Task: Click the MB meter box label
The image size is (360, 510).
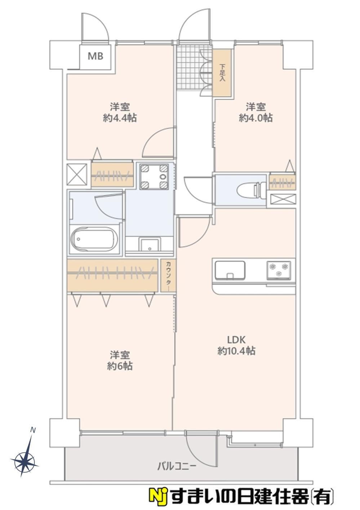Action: click(x=95, y=56)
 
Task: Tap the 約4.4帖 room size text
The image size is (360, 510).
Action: click(x=120, y=118)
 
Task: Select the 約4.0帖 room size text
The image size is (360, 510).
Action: click(x=255, y=118)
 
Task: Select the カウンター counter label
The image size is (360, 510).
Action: click(x=168, y=276)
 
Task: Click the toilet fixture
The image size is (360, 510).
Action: click(x=252, y=189)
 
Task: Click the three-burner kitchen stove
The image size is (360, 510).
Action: click(x=279, y=270)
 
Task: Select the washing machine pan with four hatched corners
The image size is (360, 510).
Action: click(x=154, y=176)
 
